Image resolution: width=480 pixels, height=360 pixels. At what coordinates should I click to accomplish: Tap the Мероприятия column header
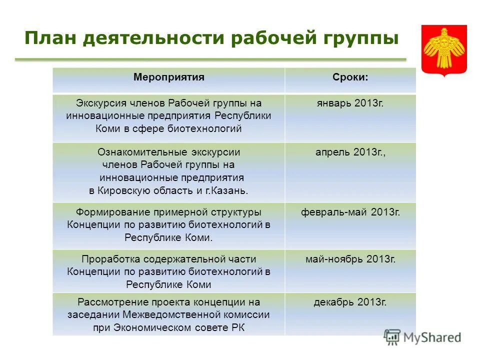point(169,77)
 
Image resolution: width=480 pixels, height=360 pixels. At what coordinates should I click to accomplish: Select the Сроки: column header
point(350,77)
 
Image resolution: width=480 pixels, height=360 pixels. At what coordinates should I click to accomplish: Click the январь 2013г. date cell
point(350,103)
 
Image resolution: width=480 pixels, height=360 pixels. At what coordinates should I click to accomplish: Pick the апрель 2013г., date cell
point(350,152)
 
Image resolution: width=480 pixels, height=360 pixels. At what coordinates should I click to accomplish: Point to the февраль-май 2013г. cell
point(350,212)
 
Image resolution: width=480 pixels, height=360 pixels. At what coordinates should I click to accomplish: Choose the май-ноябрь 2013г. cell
point(350,259)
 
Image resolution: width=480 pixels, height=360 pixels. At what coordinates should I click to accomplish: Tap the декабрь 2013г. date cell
point(350,302)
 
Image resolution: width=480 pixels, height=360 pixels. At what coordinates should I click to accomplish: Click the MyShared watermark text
point(431,337)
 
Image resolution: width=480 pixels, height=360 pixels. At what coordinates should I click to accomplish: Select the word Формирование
point(107,212)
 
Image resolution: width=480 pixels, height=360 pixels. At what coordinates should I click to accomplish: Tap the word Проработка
point(111,259)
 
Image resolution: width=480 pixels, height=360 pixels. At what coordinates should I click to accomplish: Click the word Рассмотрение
point(110,302)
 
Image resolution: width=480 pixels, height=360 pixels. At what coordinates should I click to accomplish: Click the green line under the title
point(210,59)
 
